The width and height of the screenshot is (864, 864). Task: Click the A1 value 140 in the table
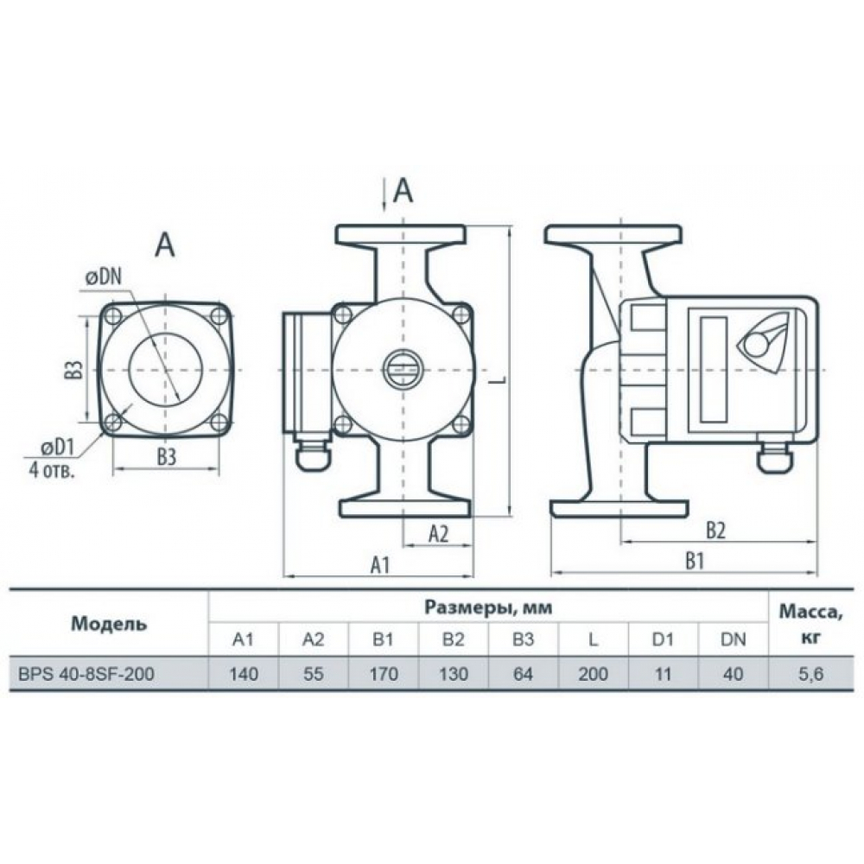click(x=243, y=674)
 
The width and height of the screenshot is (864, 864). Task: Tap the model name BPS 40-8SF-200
click(x=86, y=674)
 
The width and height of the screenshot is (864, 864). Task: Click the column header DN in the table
click(x=734, y=639)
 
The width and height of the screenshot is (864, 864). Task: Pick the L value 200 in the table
click(x=594, y=674)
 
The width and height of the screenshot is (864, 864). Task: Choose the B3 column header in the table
click(x=524, y=639)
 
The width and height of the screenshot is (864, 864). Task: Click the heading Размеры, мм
click(x=488, y=607)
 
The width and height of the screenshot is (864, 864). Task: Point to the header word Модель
click(x=109, y=623)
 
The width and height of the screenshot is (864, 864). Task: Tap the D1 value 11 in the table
click(x=664, y=674)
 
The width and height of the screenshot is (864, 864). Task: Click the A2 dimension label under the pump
click(x=438, y=533)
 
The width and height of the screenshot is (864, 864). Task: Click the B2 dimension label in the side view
click(x=715, y=530)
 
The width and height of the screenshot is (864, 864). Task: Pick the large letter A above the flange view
click(x=164, y=245)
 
